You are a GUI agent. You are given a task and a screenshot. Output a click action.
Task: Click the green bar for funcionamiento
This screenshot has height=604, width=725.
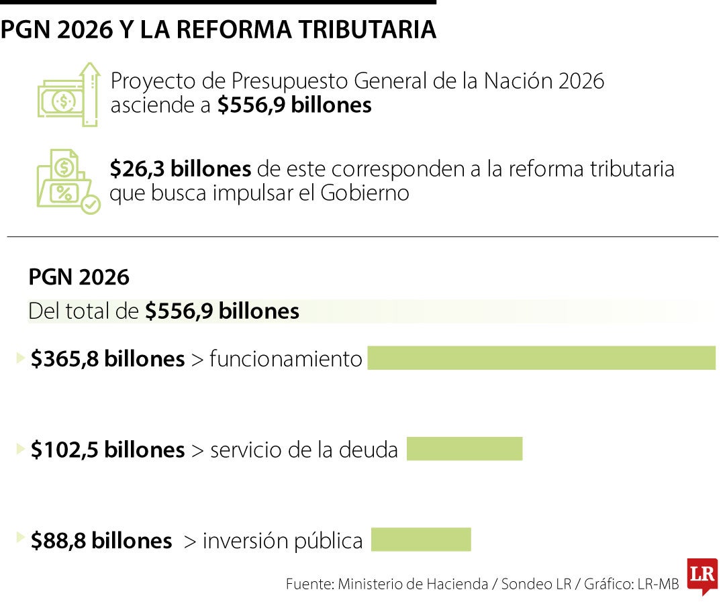click(x=541, y=358)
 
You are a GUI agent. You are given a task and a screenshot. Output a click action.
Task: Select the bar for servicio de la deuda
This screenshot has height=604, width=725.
click(x=464, y=448)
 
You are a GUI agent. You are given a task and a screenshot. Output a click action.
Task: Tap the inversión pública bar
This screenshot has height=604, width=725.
click(x=421, y=540)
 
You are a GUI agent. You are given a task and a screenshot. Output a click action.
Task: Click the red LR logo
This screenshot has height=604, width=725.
click(x=702, y=576)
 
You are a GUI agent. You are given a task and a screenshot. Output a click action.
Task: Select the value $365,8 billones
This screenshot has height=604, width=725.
click(x=107, y=359)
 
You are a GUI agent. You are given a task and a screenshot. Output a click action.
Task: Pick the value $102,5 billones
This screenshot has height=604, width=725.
click(x=107, y=450)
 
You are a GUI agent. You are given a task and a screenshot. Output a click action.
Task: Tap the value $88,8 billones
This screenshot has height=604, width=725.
click(x=101, y=541)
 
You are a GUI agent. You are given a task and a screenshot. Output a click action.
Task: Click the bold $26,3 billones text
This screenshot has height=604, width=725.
click(x=181, y=169)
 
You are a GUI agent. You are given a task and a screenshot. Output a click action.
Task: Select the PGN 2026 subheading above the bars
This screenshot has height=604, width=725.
click(x=79, y=277)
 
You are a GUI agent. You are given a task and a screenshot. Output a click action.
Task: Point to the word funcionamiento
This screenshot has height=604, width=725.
click(x=286, y=359)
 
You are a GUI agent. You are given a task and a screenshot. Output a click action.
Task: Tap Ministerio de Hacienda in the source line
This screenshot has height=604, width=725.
click(x=413, y=584)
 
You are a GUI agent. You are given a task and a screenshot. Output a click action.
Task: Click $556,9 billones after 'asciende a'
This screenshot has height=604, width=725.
click(x=294, y=105)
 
